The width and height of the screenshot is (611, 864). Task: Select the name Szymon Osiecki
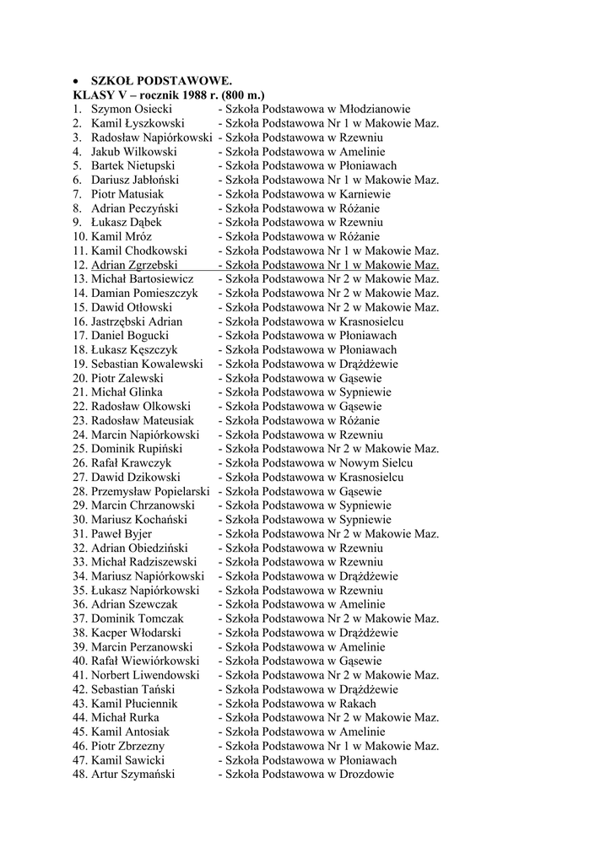pos(131,109)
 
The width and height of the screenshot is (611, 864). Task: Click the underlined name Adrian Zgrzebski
pos(134,265)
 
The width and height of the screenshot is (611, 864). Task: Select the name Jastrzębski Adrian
pos(137,321)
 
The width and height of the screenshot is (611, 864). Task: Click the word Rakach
pos(358,704)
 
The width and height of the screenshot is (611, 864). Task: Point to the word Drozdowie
pos(366,775)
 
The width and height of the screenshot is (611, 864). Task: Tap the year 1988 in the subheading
pos(192,94)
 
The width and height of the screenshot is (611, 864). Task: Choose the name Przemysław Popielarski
pos(150,491)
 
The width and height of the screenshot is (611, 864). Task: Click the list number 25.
pos(79,449)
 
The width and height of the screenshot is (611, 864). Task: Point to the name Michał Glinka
pos(127,392)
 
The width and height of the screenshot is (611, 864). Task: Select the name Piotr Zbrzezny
pos(128,746)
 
